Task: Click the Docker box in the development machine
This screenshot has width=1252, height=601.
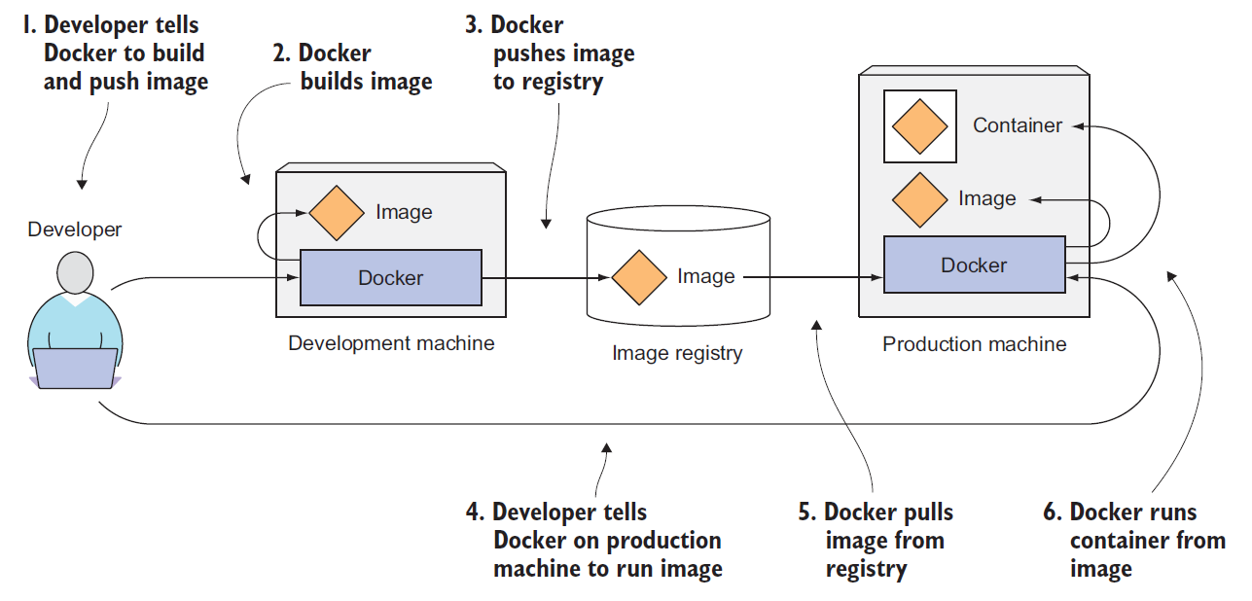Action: pyautogui.click(x=391, y=277)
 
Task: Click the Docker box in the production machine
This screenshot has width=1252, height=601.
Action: pyautogui.click(x=974, y=265)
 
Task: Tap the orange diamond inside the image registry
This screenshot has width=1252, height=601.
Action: pyautogui.click(x=639, y=277)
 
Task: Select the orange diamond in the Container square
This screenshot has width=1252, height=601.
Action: pyautogui.click(x=919, y=126)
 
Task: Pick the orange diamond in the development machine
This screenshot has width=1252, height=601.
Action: pyautogui.click(x=337, y=213)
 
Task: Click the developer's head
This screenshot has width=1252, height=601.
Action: pyautogui.click(x=75, y=272)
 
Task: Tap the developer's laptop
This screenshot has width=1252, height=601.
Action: pyautogui.click(x=75, y=368)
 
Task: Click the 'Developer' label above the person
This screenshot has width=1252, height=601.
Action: pyautogui.click(x=74, y=230)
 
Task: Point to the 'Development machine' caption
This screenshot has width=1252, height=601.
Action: pyautogui.click(x=391, y=343)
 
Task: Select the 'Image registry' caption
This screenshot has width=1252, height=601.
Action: pyautogui.click(x=677, y=353)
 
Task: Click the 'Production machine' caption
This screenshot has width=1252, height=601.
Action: pyautogui.click(x=974, y=344)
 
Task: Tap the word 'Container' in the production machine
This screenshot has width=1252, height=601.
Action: pyautogui.click(x=1018, y=125)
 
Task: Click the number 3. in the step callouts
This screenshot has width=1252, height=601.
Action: pyautogui.click(x=474, y=25)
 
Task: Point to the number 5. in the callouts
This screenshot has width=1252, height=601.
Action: pyautogui.click(x=807, y=513)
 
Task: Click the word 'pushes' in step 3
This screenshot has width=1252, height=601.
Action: pyautogui.click(x=528, y=53)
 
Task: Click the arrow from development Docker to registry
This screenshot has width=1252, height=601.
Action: pyautogui.click(x=546, y=277)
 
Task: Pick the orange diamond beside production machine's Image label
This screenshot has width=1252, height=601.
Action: pyautogui.click(x=919, y=200)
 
